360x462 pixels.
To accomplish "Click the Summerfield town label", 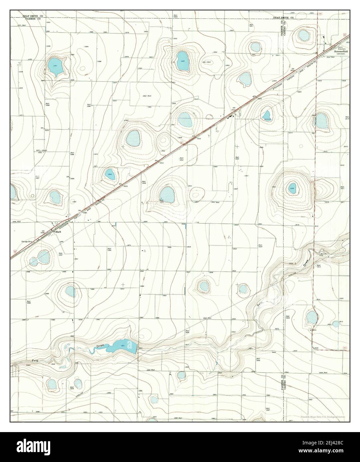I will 341,52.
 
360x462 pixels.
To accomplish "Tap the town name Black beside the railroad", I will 59,232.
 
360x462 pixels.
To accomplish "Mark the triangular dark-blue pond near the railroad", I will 267,115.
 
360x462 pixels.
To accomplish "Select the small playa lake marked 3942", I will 110,174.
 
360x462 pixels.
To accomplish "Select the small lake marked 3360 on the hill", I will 292,188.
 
